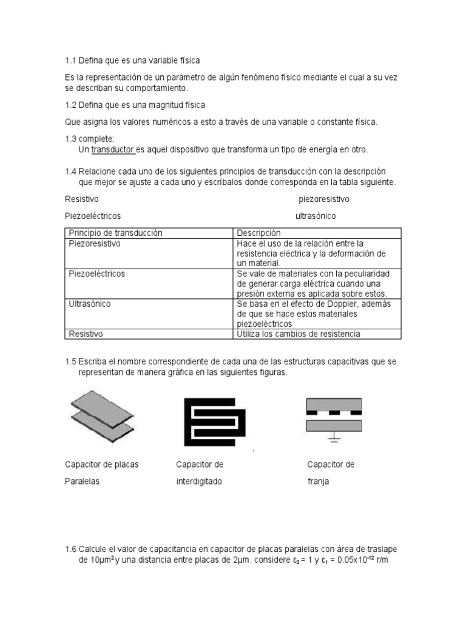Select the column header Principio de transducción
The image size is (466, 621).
pos(115,233)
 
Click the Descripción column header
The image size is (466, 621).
pos(259,233)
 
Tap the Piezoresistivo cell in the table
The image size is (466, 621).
pos(95,244)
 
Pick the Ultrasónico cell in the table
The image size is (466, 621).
pos(90,304)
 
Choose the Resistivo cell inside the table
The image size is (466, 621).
pos(86,334)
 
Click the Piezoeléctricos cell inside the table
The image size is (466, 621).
pos(97,274)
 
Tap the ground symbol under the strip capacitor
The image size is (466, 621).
pos(334,436)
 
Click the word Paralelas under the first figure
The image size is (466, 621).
pos(82,482)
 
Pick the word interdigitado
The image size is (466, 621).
pos(199,482)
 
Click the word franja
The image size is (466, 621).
pos(317,482)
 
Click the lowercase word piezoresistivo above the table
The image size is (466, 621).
pos(323,200)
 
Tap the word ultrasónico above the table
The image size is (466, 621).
pos(315,216)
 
